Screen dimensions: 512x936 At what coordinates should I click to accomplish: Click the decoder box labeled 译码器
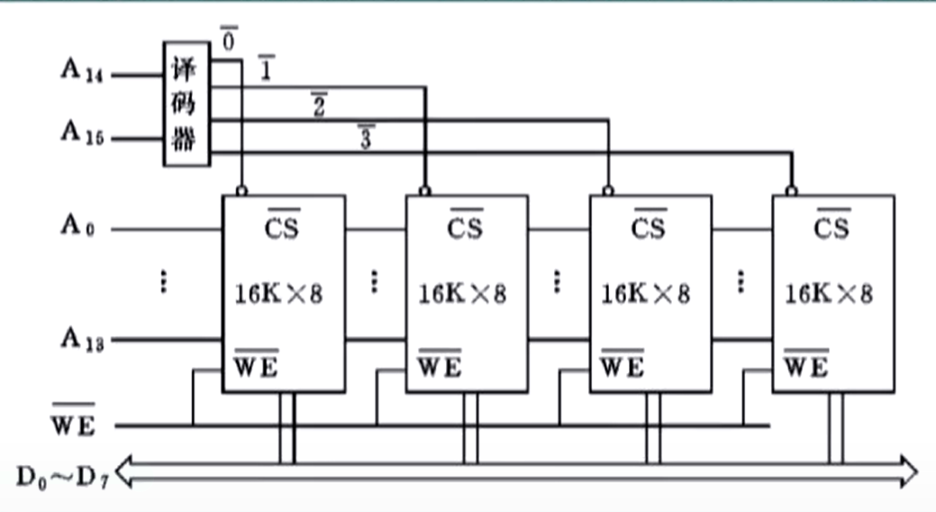click(x=186, y=104)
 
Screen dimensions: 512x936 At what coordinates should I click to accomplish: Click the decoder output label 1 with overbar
click(x=267, y=68)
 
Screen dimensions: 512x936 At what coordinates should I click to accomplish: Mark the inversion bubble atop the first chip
click(x=241, y=191)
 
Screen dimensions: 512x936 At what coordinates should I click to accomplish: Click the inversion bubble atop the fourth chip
click(x=791, y=191)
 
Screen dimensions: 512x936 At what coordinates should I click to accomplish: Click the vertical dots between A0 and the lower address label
click(x=163, y=282)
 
